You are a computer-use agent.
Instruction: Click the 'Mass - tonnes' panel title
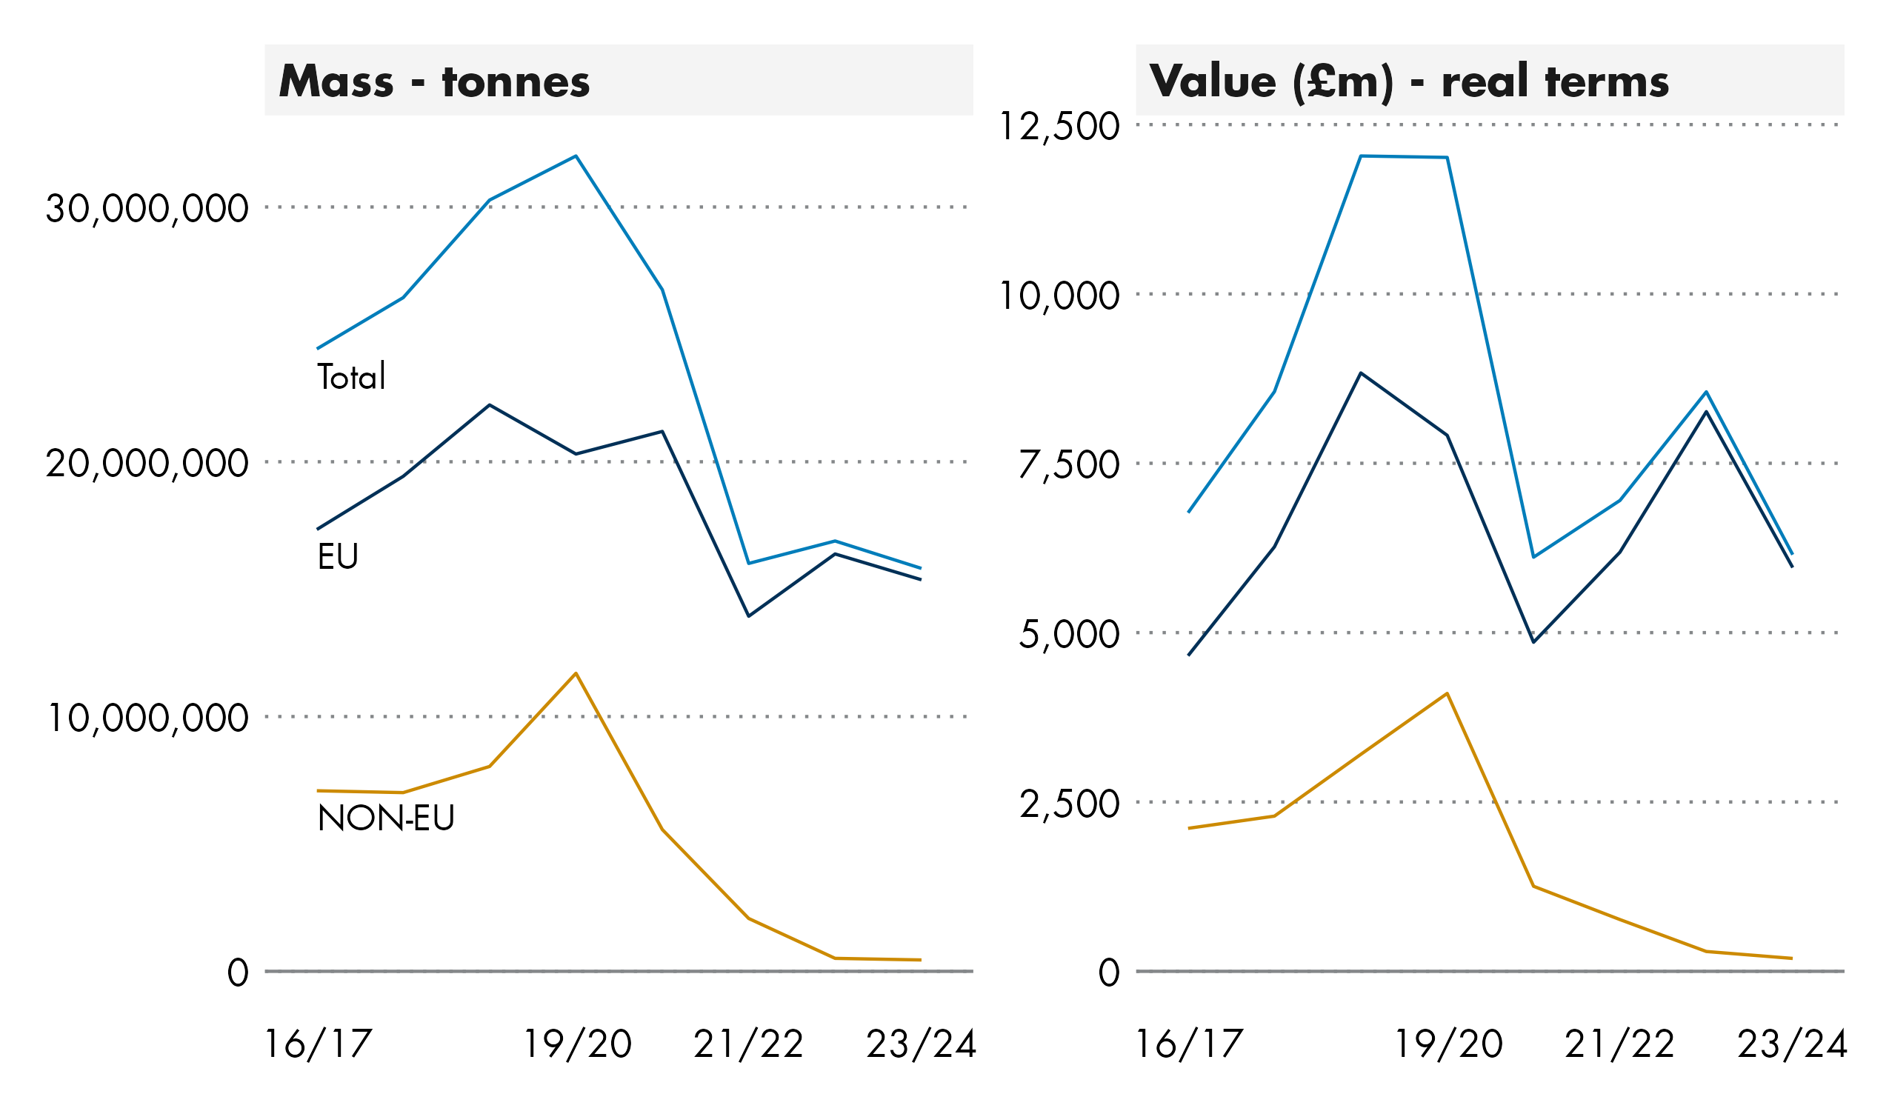coord(434,81)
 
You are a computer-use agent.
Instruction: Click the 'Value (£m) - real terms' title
coord(1408,81)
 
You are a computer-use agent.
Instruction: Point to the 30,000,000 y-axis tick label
coord(147,208)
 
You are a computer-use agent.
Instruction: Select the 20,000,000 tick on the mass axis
coord(147,464)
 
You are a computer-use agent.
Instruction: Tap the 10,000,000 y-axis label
coord(147,718)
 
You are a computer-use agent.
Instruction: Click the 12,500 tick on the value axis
coord(1059,126)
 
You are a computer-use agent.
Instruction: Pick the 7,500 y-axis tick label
coord(1068,465)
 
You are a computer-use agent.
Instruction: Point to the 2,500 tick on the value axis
coord(1068,804)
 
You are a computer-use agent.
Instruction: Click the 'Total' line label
coord(351,376)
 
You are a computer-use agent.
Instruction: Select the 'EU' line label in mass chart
coord(338,556)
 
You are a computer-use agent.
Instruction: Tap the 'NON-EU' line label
coord(386,818)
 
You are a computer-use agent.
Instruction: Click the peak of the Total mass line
coord(576,156)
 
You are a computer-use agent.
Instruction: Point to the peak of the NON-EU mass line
coord(576,673)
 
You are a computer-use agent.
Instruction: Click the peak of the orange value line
coord(1447,693)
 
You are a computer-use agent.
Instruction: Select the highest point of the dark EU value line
coord(1361,373)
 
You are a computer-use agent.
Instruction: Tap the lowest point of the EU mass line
coord(749,616)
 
